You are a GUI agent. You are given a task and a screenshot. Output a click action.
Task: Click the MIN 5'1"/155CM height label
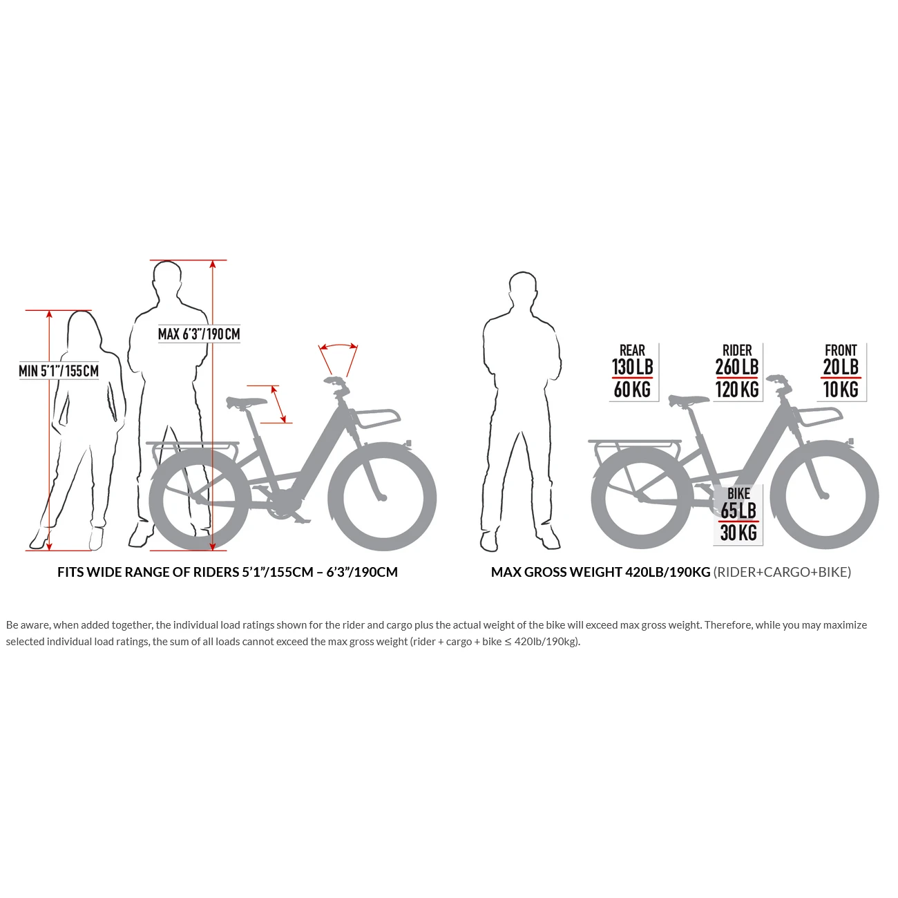59,371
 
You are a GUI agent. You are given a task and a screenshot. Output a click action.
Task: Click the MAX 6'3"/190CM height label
199,334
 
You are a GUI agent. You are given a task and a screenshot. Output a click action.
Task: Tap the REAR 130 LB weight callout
633,372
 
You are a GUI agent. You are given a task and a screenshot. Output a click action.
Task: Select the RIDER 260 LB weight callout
737,372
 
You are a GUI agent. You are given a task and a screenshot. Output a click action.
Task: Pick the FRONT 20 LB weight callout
841,372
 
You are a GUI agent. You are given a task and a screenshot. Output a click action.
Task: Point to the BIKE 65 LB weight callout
738,514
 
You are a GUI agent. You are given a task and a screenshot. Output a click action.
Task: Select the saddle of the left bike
247,401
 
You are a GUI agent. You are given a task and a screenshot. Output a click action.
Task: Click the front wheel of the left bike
382,497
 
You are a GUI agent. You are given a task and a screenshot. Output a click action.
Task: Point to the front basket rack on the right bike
821,416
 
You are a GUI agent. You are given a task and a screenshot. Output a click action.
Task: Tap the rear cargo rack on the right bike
634,443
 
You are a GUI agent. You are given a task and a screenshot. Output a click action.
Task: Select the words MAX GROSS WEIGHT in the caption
556,572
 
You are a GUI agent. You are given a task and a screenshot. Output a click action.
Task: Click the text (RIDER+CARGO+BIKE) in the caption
782,572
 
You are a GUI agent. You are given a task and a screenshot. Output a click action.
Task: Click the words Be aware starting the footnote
28,625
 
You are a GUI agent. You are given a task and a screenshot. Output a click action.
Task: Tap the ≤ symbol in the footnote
508,642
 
